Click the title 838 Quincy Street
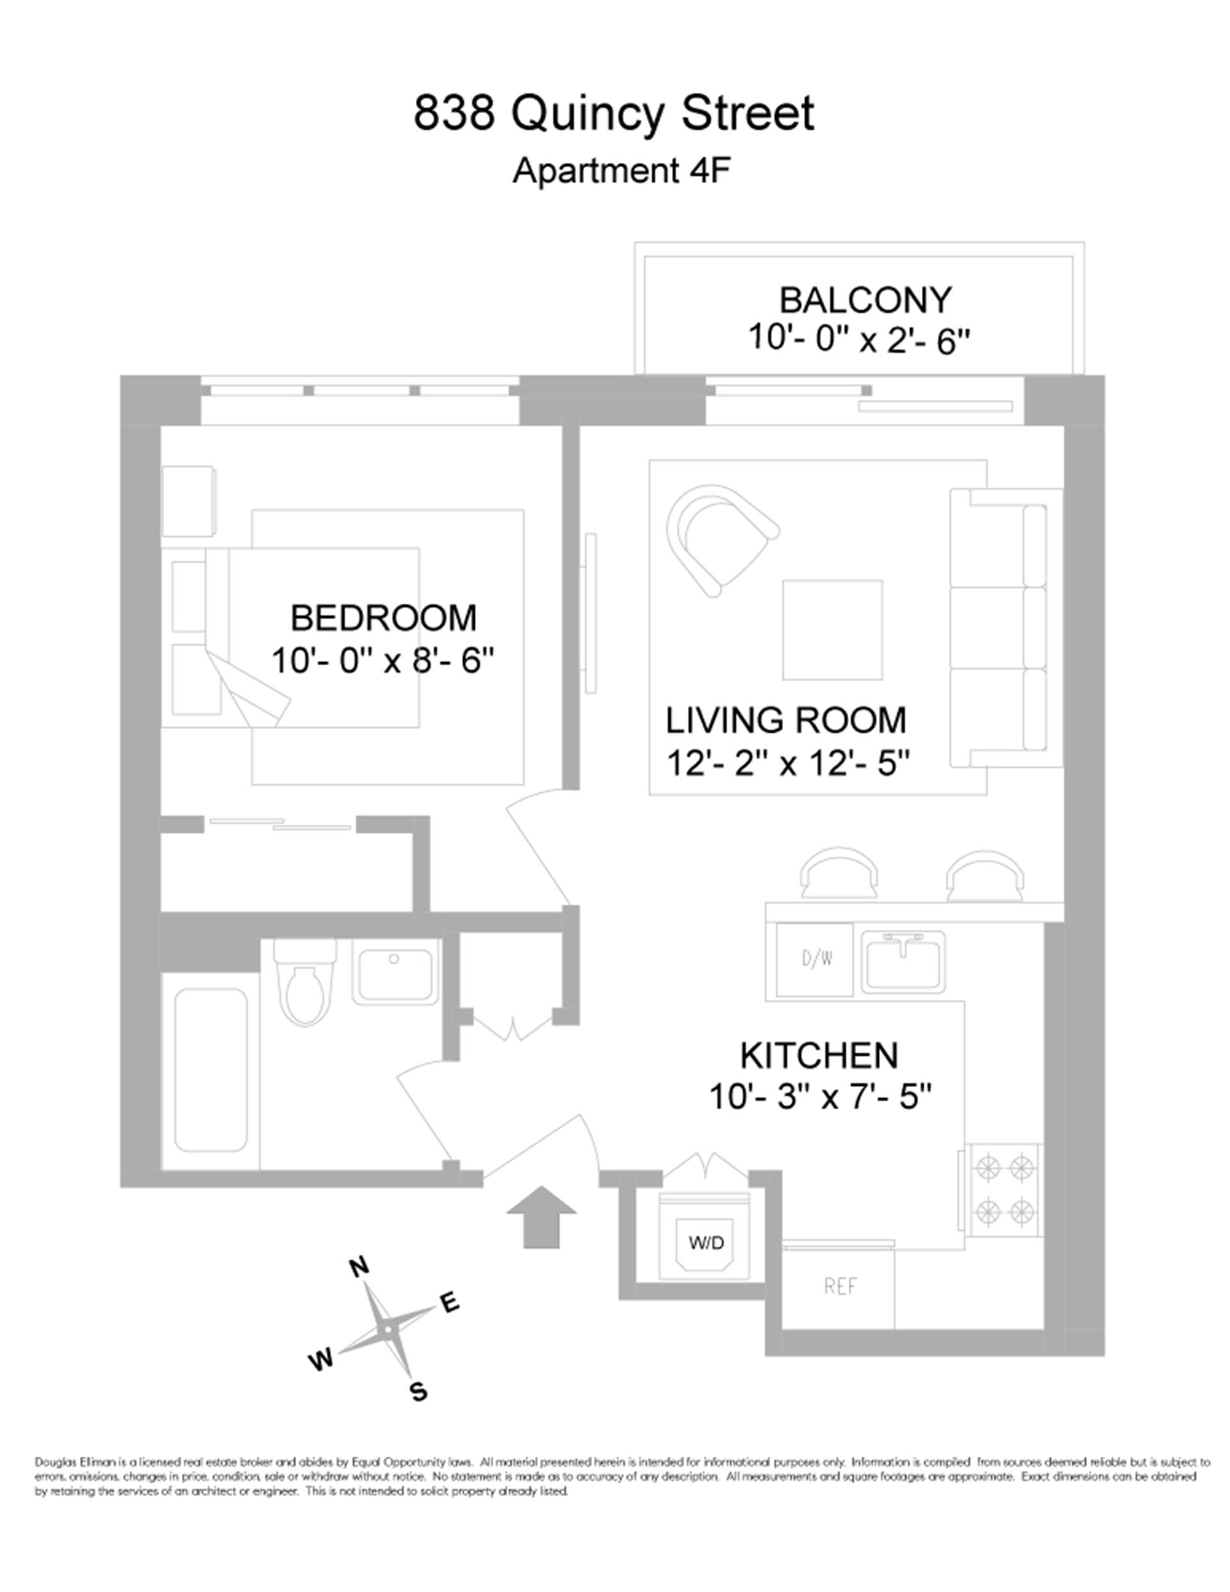tap(614, 113)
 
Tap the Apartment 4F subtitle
tap(621, 172)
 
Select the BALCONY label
tap(865, 301)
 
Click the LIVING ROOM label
tap(785, 720)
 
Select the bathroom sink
tap(396, 971)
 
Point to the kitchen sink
tap(903, 961)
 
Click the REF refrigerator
tap(840, 1286)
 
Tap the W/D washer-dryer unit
tap(705, 1241)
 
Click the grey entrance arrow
tap(541, 1216)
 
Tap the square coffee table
tap(832, 629)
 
